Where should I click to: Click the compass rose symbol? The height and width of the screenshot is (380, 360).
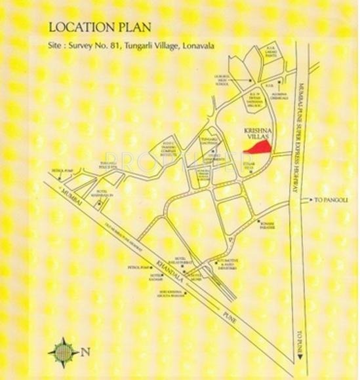(64, 352)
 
